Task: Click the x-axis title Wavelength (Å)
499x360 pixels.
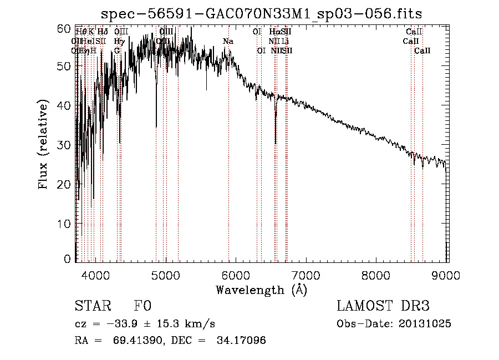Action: (261, 290)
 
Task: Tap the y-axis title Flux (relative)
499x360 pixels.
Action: (44, 144)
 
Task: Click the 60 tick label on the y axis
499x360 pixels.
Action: (64, 28)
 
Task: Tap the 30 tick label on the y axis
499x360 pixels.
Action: (64, 145)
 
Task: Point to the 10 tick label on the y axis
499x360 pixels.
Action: (64, 223)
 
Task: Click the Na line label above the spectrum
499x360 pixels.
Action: (228, 42)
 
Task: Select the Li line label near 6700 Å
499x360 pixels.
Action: (285, 42)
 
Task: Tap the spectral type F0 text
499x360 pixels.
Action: (142, 306)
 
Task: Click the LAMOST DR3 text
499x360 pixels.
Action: (383, 306)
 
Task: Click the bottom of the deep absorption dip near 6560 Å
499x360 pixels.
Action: (276, 143)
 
